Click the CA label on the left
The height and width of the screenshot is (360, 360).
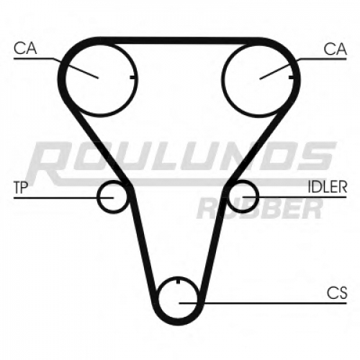(25, 48)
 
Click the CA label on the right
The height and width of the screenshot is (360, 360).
(335, 49)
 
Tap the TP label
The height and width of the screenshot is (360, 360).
(21, 187)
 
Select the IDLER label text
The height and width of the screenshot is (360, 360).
(328, 186)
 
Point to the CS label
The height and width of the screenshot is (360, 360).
(337, 293)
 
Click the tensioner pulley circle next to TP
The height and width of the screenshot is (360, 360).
(98, 197)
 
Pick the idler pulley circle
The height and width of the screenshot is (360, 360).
(258, 197)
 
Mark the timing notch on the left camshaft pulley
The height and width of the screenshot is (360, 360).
(132, 77)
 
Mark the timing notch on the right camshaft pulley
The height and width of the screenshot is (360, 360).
(292, 77)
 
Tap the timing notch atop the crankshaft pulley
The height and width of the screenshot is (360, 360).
(178, 281)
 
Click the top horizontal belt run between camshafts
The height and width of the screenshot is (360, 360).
(180, 41)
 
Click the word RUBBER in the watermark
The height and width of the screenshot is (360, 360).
(260, 210)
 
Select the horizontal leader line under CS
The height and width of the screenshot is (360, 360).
(263, 303)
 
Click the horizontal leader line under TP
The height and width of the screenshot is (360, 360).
(63, 198)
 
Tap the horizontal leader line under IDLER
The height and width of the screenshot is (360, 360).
(294, 197)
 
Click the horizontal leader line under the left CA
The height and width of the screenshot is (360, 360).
(34, 58)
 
